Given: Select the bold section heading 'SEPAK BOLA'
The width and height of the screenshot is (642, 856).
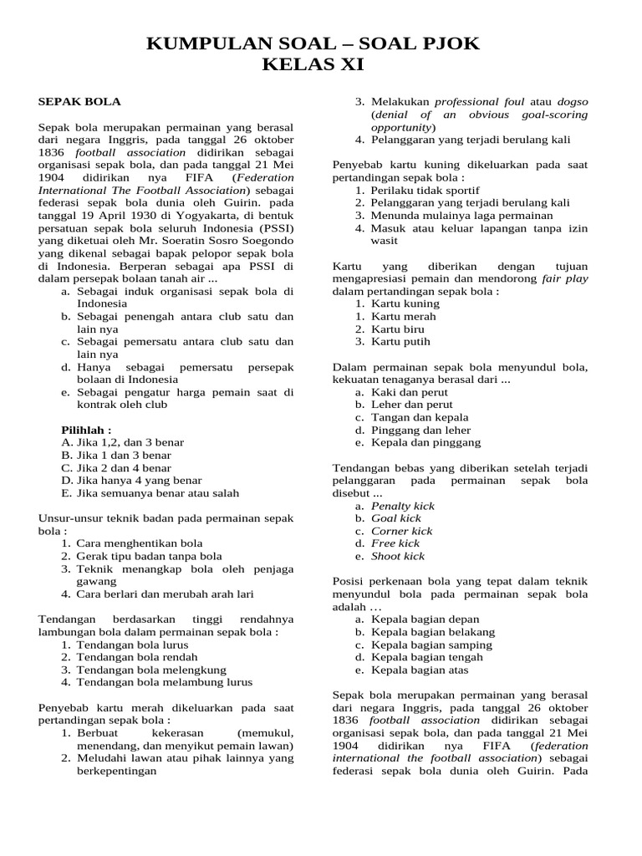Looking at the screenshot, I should [x=80, y=102].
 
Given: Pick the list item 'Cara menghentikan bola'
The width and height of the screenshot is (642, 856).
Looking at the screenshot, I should [x=140, y=543].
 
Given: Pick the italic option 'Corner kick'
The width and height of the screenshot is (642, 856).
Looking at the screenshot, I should [x=402, y=531].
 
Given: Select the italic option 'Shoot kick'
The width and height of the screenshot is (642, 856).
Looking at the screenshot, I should [x=398, y=556].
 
